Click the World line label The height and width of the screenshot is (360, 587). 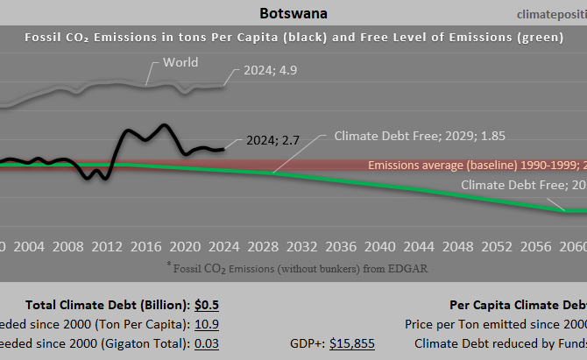[x=180, y=63]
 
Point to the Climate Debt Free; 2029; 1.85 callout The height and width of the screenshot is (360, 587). [x=420, y=137]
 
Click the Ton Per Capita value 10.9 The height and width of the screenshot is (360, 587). [x=207, y=324]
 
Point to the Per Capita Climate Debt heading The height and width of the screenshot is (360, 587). [x=517, y=305]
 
